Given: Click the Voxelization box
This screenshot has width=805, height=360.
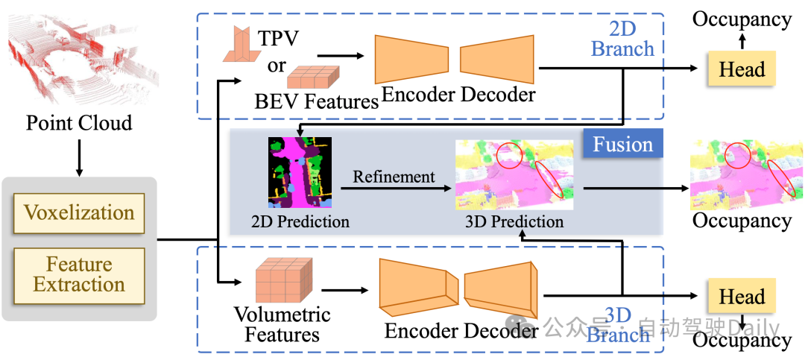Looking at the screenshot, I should click(x=79, y=212).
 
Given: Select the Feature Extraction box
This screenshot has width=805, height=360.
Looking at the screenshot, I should click(x=79, y=274).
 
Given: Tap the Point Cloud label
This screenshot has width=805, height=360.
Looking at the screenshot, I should click(x=79, y=123).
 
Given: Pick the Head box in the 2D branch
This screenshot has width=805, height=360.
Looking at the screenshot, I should click(x=742, y=69).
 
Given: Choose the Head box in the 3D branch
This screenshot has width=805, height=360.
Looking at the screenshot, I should click(x=742, y=297).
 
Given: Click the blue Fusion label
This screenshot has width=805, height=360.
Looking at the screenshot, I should click(x=623, y=144).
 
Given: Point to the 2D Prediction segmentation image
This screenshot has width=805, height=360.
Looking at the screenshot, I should click(x=300, y=172).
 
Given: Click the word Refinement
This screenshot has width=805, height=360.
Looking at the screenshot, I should click(x=394, y=177).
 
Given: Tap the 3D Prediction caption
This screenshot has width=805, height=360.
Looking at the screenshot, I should click(x=514, y=221).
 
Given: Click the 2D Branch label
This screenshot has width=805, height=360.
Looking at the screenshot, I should click(x=622, y=39).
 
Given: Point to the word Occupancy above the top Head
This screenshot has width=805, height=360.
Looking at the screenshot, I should click(x=742, y=19).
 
